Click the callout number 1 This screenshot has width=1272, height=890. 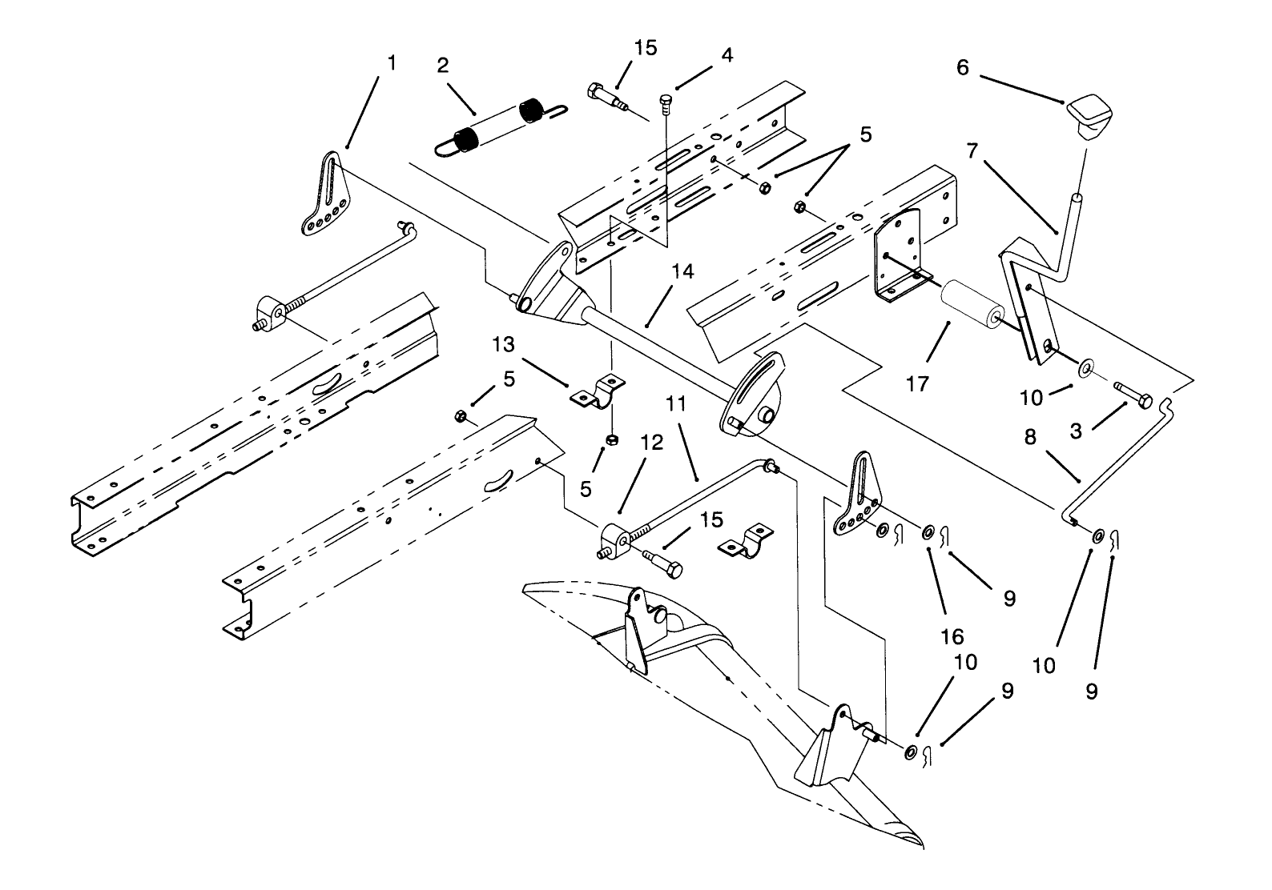(391, 63)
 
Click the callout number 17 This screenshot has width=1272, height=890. (918, 384)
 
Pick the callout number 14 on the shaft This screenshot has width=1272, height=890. (682, 272)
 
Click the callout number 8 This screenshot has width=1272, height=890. (1030, 437)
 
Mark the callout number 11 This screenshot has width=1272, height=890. (677, 405)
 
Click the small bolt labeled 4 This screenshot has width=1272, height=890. (666, 101)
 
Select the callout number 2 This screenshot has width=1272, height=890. (443, 66)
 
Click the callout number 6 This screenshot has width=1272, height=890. (962, 68)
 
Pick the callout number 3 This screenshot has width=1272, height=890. (1077, 432)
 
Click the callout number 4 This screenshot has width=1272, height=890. (726, 55)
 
